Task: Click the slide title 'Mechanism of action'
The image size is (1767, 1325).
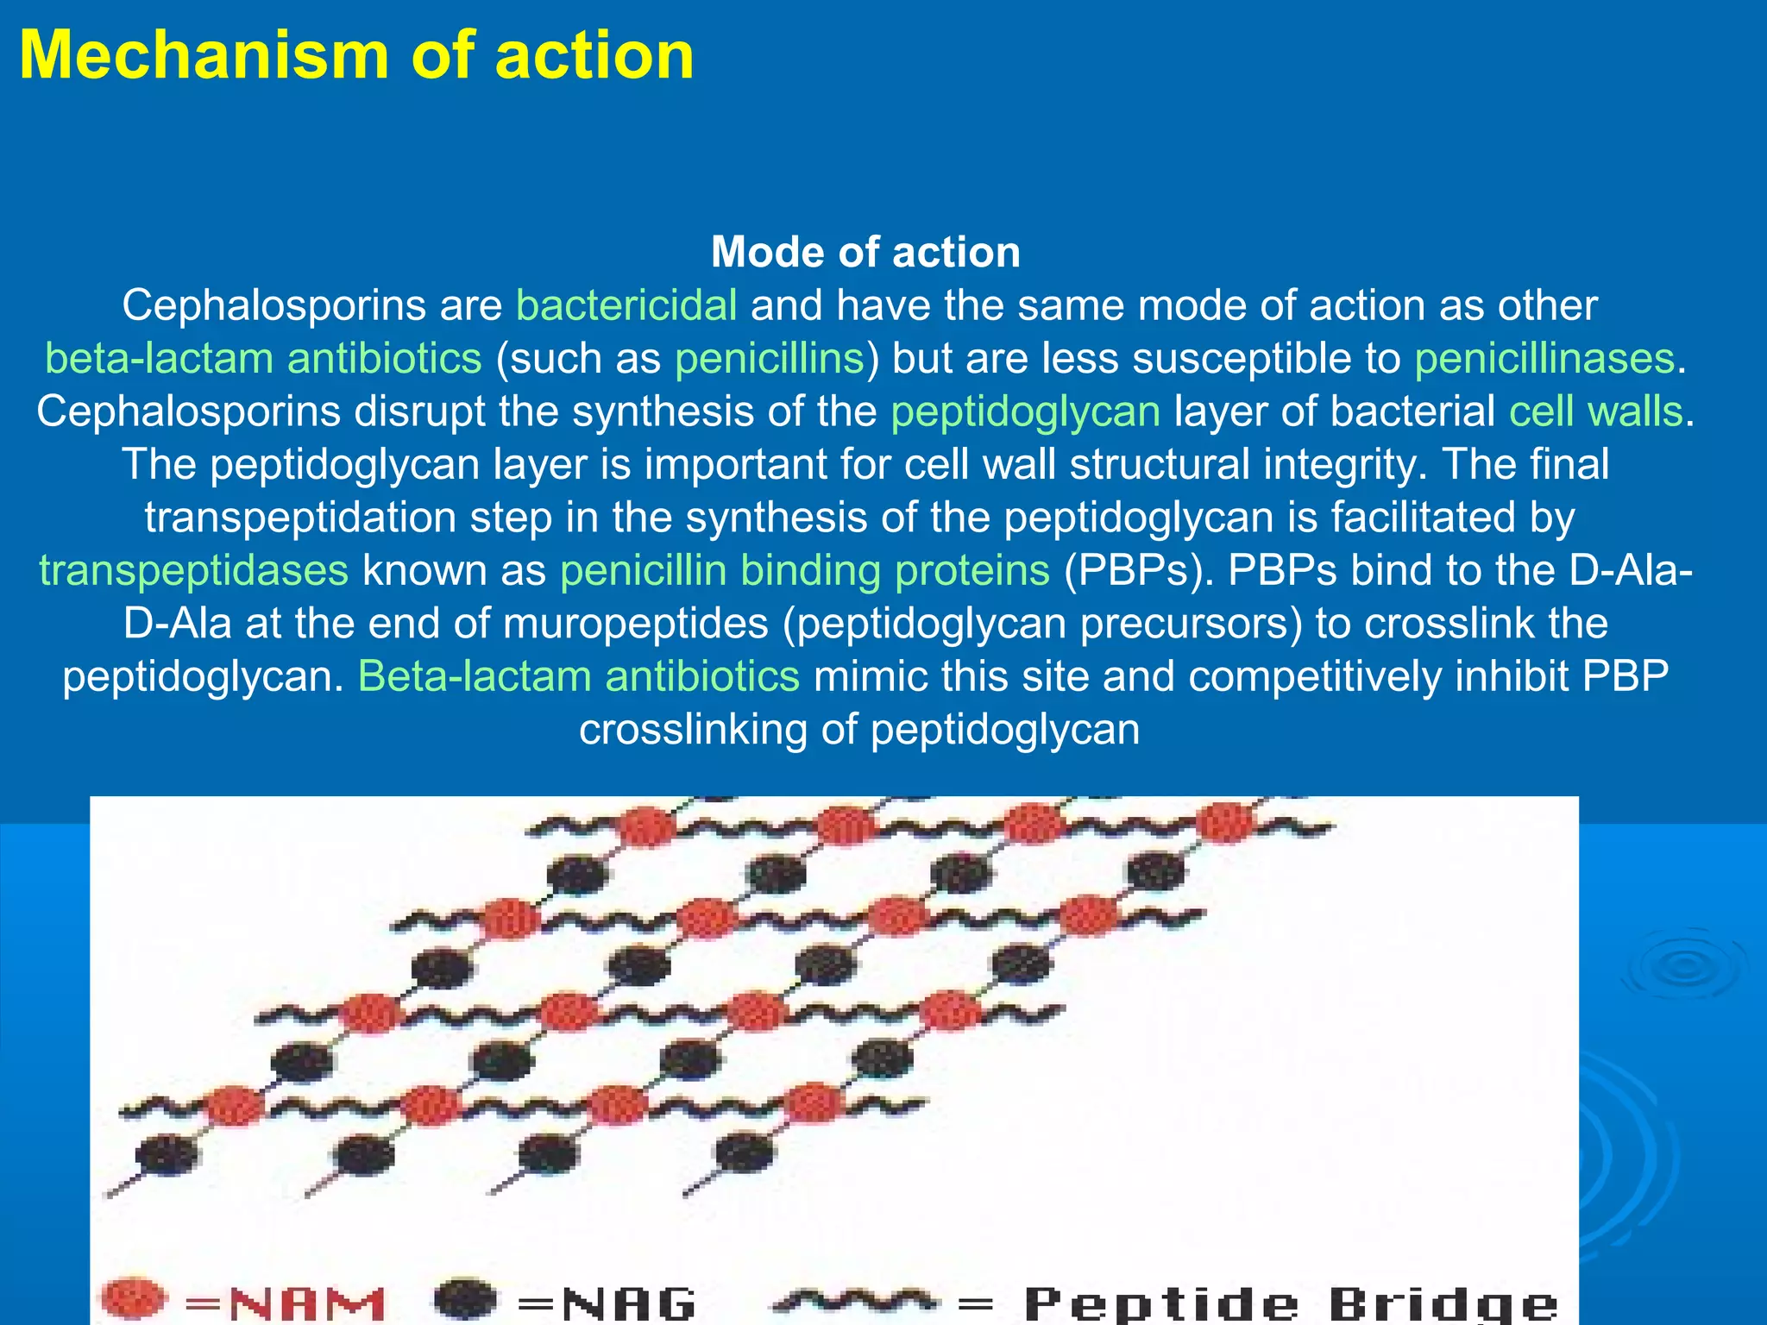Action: [x=356, y=56]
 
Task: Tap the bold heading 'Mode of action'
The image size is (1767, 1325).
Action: [x=865, y=253]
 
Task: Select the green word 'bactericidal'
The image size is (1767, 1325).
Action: [x=626, y=305]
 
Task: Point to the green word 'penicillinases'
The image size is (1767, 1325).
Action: [x=1544, y=359]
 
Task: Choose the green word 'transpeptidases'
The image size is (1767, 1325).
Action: [x=194, y=571]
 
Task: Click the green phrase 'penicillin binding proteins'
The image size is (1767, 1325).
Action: [x=804, y=571]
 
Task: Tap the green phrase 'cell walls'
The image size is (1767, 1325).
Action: [x=1595, y=411]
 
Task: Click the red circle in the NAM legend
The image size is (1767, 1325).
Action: [x=131, y=1298]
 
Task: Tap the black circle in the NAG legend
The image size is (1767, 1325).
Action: [x=466, y=1298]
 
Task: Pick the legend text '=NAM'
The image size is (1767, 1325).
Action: [x=285, y=1303]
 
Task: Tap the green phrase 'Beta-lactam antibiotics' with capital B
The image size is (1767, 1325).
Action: [x=578, y=677]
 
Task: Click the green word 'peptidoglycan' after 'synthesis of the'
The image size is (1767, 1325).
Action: [x=1025, y=411]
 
